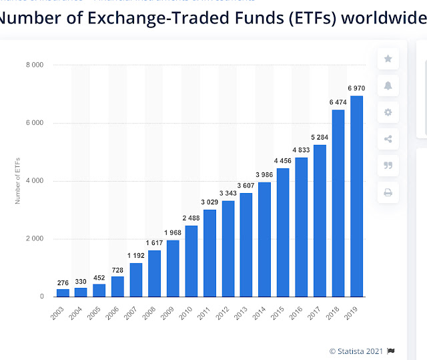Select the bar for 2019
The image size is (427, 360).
coord(357,196)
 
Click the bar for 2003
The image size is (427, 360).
coord(63,293)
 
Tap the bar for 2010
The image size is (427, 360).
coord(191,261)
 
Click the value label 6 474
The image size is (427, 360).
coord(338,102)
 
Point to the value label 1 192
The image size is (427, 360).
coord(136,255)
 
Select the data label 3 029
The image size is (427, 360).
coord(209,202)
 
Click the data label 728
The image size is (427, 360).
coord(117,268)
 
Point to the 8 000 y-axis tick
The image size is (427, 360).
coord(35,65)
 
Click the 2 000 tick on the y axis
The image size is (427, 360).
coord(35,239)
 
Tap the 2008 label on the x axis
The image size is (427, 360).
coord(153,311)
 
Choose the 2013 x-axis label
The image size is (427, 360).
coord(244,311)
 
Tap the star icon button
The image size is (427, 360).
coord(388,59)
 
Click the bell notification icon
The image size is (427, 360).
coord(388,85)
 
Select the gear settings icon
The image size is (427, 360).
coord(388,112)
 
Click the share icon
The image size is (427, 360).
coord(388,139)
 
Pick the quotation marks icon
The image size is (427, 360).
coord(388,166)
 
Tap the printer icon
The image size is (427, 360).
coord(388,192)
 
